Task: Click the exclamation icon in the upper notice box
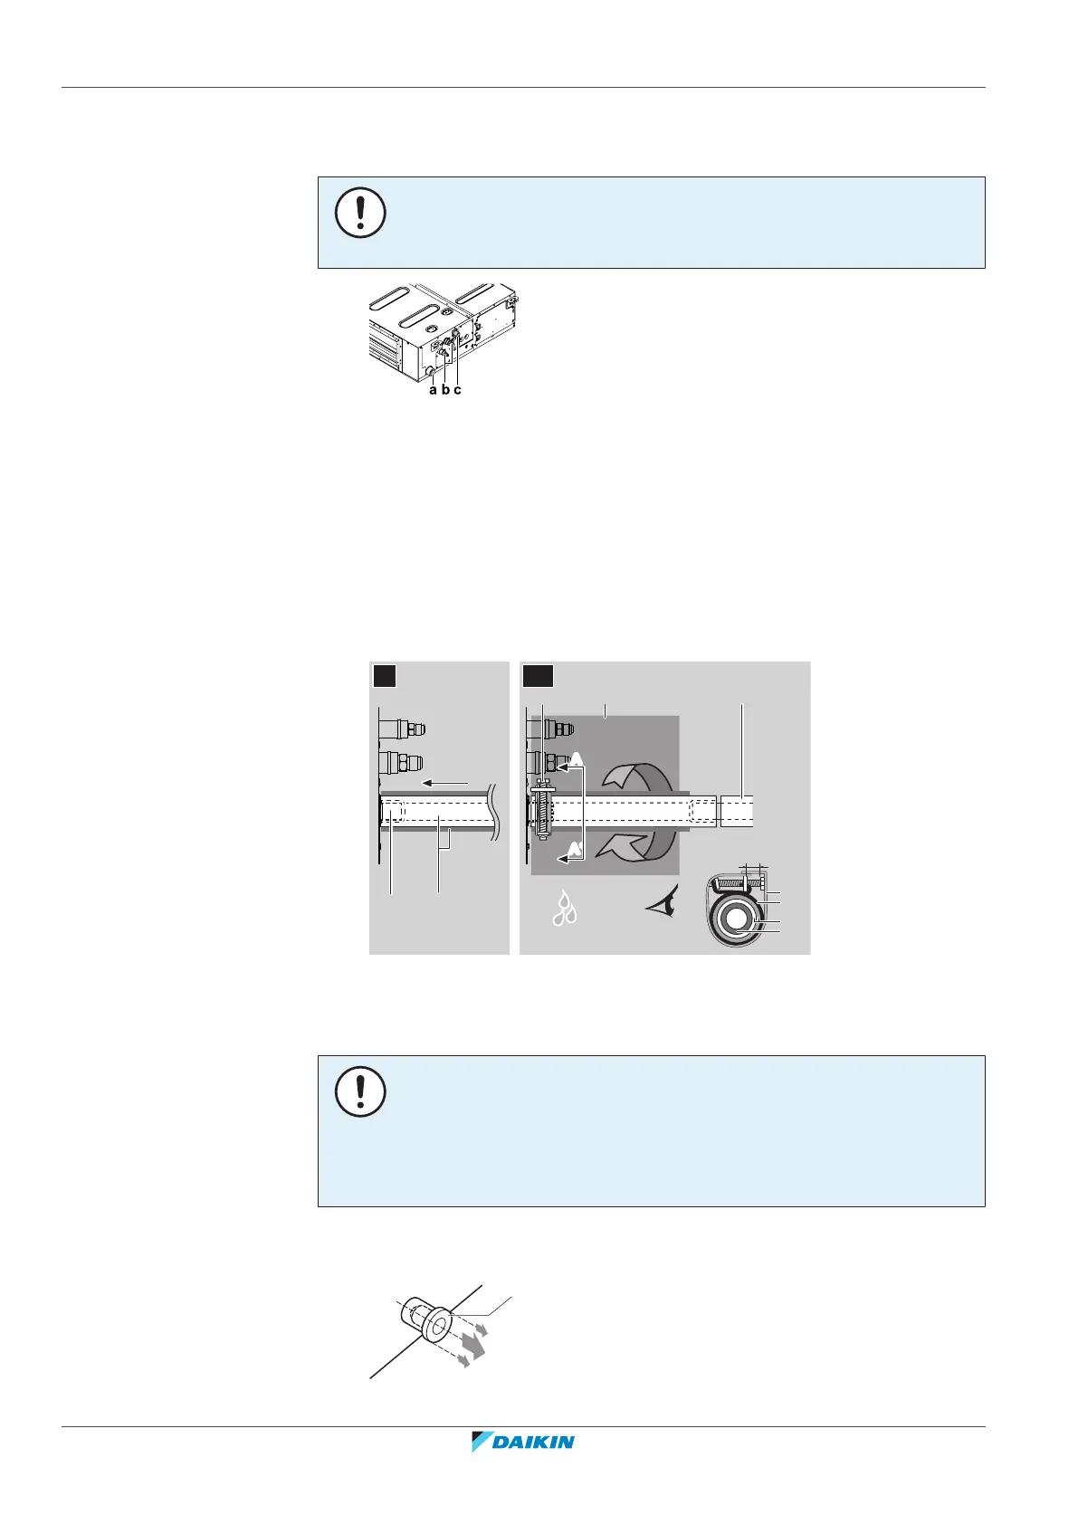click(x=360, y=214)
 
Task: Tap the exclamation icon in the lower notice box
click(x=360, y=1092)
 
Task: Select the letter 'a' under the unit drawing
click(x=434, y=390)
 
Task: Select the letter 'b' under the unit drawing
click(x=445, y=390)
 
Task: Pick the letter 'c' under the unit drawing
click(x=458, y=390)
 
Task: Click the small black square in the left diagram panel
click(x=384, y=676)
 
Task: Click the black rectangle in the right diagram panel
click(x=538, y=676)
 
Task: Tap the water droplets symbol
click(x=568, y=910)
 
